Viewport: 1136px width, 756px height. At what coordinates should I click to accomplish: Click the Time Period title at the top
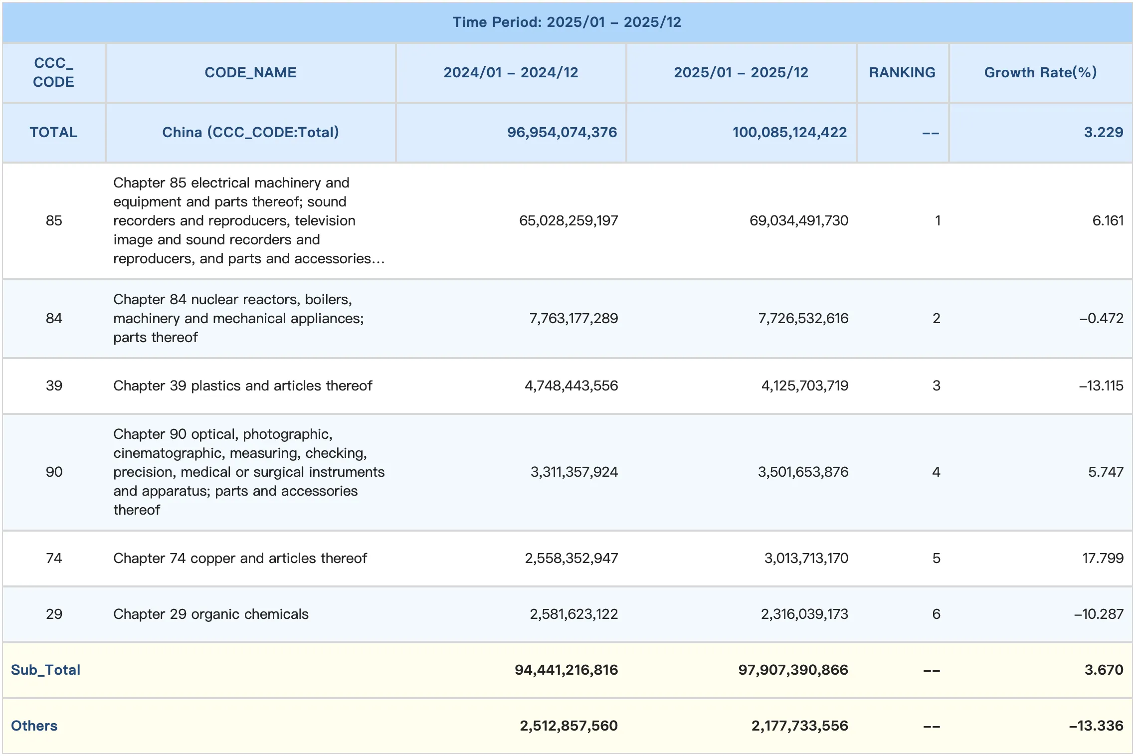click(x=567, y=22)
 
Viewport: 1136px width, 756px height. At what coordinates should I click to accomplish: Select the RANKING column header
click(x=902, y=72)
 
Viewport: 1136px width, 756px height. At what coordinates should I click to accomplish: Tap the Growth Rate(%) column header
click(x=1040, y=72)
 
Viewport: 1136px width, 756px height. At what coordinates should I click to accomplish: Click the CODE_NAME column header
click(x=250, y=72)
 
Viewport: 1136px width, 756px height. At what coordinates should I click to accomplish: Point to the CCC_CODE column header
click(x=53, y=72)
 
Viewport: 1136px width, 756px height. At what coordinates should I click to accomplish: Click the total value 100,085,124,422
click(x=789, y=132)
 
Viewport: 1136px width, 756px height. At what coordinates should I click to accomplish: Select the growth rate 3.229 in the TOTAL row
click(x=1103, y=132)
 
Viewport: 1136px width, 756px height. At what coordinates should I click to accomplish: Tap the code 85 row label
click(x=54, y=220)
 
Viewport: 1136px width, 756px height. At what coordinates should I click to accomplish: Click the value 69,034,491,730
click(x=798, y=220)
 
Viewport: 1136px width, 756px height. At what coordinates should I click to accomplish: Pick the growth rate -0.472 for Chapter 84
click(x=1101, y=318)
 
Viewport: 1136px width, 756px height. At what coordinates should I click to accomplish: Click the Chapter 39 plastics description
click(x=242, y=385)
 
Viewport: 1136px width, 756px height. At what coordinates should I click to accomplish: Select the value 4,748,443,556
click(x=571, y=385)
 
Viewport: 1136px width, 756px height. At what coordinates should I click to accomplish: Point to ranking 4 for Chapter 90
click(x=936, y=472)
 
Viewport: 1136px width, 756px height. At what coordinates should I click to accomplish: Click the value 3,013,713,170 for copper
click(x=806, y=558)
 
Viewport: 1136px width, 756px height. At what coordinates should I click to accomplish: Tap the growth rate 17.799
click(x=1103, y=558)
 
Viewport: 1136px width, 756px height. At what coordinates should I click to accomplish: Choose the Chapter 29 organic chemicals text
click(x=210, y=614)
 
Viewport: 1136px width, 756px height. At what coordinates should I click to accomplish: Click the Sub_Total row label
click(x=45, y=670)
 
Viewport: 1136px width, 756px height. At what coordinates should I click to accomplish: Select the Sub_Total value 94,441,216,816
click(x=566, y=670)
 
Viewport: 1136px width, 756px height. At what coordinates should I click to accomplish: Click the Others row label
click(x=34, y=726)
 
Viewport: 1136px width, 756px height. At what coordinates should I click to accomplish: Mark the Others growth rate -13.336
click(x=1096, y=726)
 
